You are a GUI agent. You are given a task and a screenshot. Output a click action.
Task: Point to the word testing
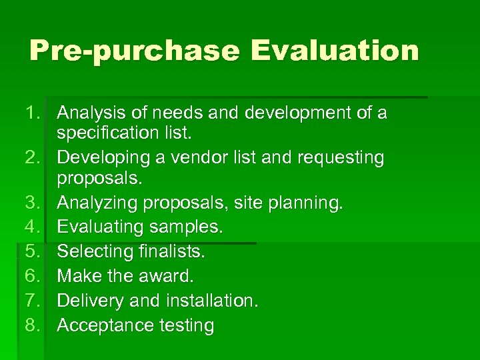coord(185,325)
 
